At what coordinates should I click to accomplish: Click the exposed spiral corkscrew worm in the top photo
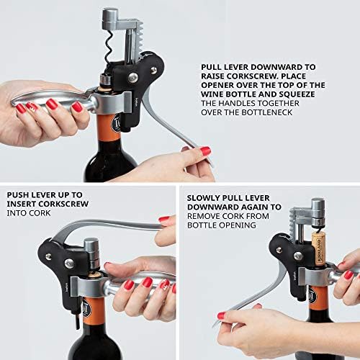coord(109,48)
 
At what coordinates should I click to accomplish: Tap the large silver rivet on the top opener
coord(133,78)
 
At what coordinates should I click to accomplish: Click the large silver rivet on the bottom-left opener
coord(69,264)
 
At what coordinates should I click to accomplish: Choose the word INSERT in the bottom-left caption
coord(22,204)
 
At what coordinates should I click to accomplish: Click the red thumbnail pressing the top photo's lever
coord(205,151)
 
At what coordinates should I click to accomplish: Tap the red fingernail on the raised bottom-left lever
coord(164,219)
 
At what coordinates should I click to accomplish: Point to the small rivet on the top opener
coord(153,70)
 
